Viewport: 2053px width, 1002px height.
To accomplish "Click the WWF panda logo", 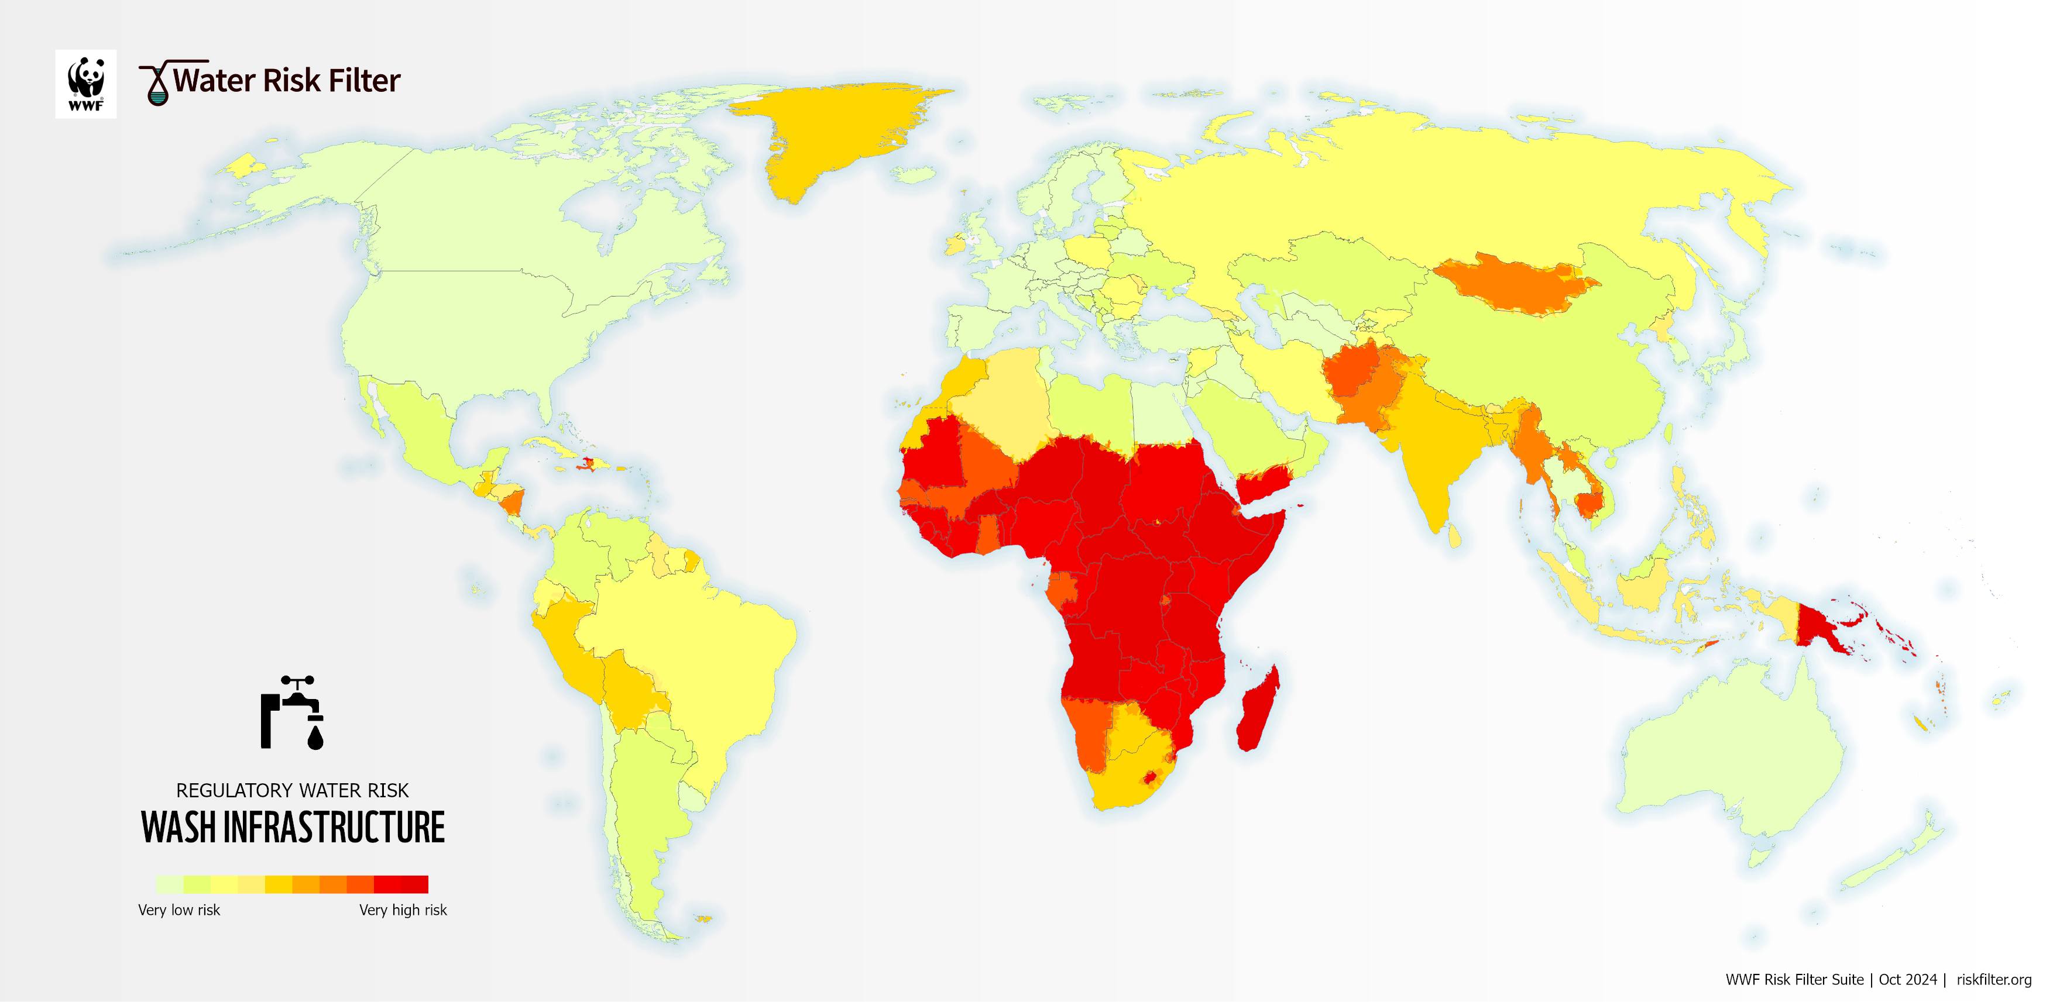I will click(x=85, y=83).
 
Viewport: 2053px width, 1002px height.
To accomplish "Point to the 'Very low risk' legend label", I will click(x=178, y=910).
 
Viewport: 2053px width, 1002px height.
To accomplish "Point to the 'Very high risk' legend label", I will click(x=403, y=910).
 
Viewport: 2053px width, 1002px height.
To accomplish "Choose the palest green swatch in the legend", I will click(x=169, y=884).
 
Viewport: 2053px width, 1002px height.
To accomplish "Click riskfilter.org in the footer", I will click(x=1993, y=980).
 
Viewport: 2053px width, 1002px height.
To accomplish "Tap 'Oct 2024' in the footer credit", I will click(x=1907, y=980).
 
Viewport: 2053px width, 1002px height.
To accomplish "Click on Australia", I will click(x=1729, y=757).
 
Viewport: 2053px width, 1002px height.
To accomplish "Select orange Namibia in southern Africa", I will click(x=1089, y=729).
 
